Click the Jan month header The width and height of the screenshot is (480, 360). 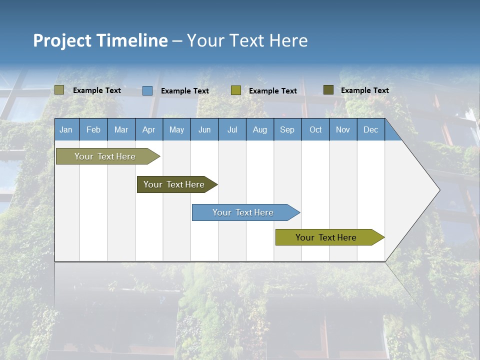coord(66,129)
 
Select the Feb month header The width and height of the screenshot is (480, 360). coord(93,129)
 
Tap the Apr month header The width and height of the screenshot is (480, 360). coord(148,129)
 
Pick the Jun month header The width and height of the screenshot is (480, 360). coord(204,129)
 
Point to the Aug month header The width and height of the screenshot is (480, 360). coord(259,129)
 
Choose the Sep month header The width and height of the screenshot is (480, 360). coord(287,129)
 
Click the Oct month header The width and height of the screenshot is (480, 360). coord(315,129)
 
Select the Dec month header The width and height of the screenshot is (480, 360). coord(370,129)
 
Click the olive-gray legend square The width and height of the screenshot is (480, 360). coord(59,90)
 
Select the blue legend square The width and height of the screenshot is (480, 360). coord(147,90)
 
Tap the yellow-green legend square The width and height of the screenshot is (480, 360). coord(236,90)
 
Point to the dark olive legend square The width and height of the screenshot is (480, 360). coord(328,90)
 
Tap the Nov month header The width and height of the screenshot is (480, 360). coord(343,129)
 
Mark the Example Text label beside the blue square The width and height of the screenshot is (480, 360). coord(185,91)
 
